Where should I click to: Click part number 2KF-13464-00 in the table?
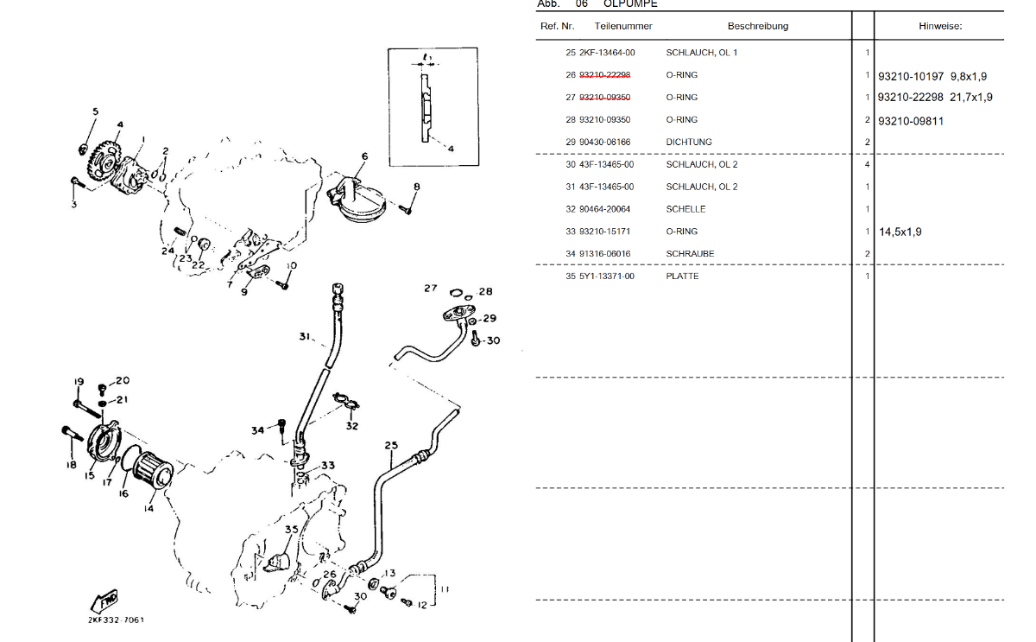606,53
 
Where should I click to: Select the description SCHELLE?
685,209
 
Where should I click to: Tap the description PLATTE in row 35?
682,277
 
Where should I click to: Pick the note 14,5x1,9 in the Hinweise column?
900,232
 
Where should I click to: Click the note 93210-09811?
911,121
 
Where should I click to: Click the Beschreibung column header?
757,26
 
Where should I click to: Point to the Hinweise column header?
939,27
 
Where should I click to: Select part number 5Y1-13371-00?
606,277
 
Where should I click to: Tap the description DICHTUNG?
689,142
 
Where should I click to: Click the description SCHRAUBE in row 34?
690,254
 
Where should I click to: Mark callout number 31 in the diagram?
305,336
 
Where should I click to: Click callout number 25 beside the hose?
391,446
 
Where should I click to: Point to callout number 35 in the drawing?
292,530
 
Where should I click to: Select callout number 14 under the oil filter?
148,509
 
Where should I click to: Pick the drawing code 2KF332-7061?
117,620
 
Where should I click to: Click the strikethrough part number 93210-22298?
604,75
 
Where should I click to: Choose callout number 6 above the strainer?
364,156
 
